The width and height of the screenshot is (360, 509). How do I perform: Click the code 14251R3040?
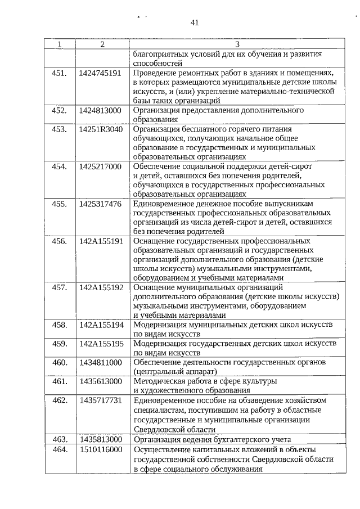point(101,129)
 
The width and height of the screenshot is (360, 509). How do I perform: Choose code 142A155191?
point(101,241)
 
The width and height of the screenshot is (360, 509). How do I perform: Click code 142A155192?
point(101,287)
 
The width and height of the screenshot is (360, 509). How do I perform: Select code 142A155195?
point(101,344)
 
